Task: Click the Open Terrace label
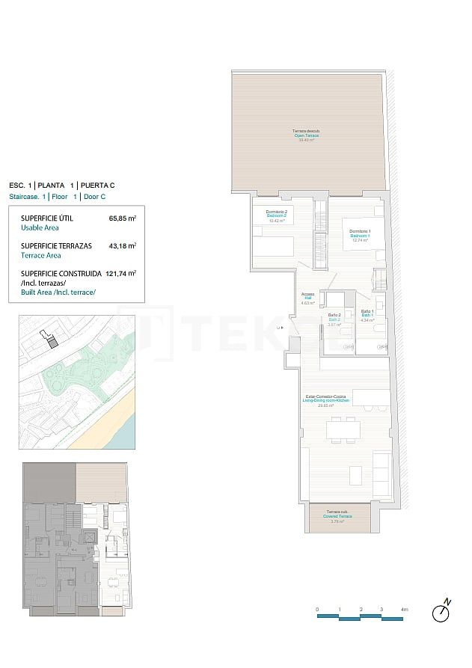click(309, 135)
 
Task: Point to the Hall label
click(307, 298)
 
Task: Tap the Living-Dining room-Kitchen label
click(325, 400)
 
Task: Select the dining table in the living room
click(343, 429)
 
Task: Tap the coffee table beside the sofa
click(355, 474)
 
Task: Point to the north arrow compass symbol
click(442, 612)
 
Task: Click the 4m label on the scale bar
click(405, 610)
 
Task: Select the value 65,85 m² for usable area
click(122, 218)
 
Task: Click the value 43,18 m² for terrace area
click(122, 245)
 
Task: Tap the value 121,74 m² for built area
click(120, 274)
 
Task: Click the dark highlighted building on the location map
click(52, 341)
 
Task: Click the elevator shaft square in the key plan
click(90, 536)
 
